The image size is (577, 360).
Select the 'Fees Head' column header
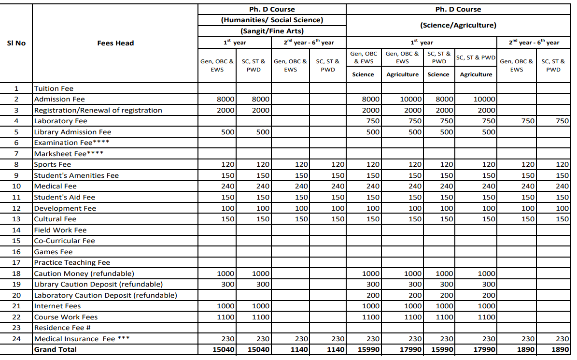pos(115,43)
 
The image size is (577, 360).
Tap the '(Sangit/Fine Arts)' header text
pos(272,31)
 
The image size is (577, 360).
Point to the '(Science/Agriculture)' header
pos(458,25)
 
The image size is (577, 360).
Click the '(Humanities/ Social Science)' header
pos(272,20)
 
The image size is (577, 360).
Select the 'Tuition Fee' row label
pos(54,88)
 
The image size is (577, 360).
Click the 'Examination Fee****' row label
pos(71,143)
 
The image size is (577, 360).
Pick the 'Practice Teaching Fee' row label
pos(72,262)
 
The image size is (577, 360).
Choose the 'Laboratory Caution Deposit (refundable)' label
pos(105,295)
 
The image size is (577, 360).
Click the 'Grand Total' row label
pos(55,349)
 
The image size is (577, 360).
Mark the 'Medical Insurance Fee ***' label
pos(82,339)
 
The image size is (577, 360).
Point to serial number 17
pos(16,262)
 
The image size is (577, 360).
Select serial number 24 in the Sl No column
pos(16,339)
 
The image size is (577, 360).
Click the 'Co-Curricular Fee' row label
pos(64,241)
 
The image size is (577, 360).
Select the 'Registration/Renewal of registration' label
pos(98,110)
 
